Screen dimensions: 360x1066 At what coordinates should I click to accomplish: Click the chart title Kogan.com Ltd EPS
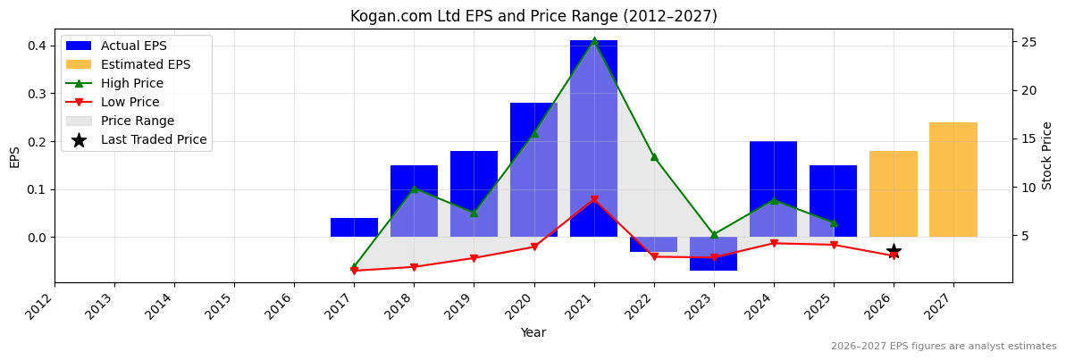tap(533, 16)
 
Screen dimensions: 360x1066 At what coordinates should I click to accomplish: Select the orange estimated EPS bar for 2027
tap(953, 180)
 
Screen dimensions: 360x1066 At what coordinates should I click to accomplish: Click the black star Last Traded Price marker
tap(893, 252)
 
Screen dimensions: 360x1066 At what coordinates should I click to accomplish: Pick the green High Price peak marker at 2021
tap(593, 41)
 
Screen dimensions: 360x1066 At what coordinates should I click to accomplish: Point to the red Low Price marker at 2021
tap(593, 200)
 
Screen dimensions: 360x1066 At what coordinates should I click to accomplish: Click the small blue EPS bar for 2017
tap(354, 228)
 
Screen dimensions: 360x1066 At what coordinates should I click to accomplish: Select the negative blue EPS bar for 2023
tap(713, 254)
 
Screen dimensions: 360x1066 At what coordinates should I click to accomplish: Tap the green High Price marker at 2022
tap(653, 157)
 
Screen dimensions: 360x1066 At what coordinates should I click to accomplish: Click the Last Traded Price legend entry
tap(153, 139)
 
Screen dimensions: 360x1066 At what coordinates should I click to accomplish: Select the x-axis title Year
tap(533, 333)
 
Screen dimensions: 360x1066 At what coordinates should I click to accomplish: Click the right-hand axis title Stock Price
tap(1047, 155)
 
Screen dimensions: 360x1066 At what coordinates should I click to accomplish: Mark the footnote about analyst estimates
tap(943, 347)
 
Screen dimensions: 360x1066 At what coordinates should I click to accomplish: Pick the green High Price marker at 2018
tap(414, 188)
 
